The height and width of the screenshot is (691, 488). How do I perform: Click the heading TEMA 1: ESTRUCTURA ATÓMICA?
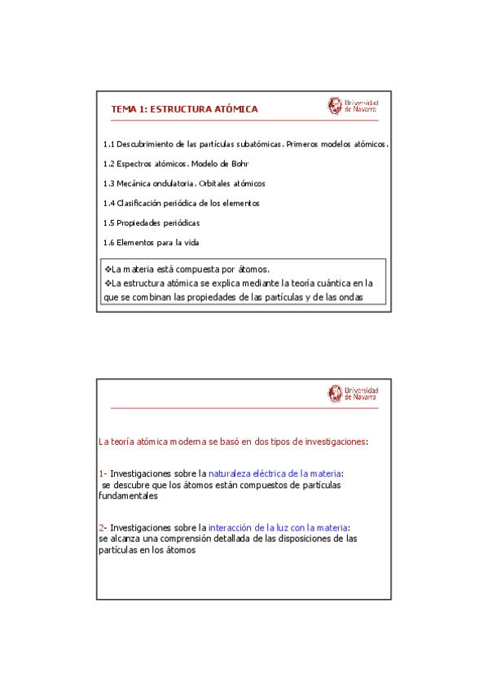(184, 108)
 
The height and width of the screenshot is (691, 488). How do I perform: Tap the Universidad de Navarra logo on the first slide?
(353, 106)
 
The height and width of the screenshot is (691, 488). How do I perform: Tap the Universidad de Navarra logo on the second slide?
(353, 394)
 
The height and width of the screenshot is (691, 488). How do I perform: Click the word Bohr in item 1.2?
(238, 164)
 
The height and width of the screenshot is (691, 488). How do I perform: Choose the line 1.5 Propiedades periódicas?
(152, 222)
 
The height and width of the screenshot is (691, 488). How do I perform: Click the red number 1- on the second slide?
(102, 473)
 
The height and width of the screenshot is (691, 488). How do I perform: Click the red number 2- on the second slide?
(102, 527)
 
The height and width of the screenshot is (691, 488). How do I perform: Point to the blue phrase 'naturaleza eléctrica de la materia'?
(275, 473)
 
